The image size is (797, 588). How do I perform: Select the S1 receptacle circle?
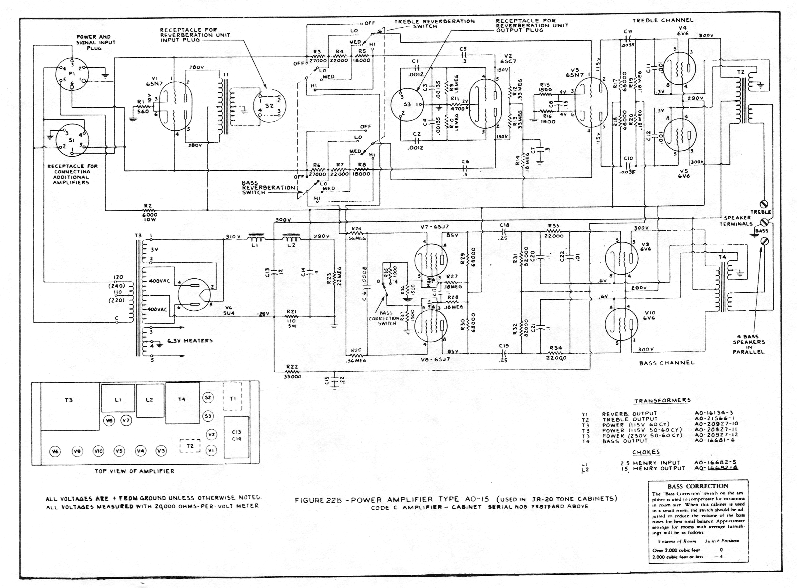(72, 141)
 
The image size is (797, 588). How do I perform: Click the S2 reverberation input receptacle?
(269, 105)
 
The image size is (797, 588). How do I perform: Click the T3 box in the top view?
(69, 406)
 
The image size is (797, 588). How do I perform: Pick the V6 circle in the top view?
(55, 451)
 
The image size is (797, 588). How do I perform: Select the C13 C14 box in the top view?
(237, 436)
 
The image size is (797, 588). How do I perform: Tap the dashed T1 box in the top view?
(232, 397)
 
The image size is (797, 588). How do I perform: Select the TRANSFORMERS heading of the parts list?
(662, 400)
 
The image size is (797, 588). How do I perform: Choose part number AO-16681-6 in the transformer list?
(714, 440)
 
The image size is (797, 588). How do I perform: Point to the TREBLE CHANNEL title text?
(662, 20)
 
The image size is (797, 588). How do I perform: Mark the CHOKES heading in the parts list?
(646, 452)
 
